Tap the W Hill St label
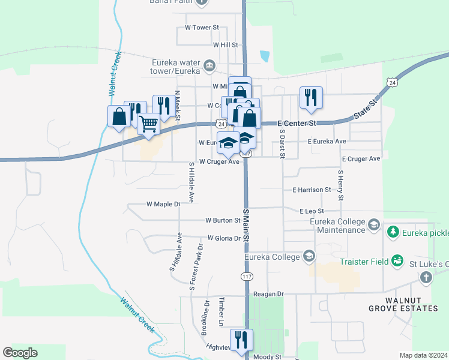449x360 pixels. (x=226, y=45)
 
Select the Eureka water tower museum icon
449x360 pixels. (x=208, y=65)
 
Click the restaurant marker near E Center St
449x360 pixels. (x=311, y=97)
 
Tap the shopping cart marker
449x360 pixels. (x=148, y=124)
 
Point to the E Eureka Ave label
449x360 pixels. (x=327, y=142)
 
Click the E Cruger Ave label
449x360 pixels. (x=361, y=159)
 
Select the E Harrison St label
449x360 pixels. (x=312, y=190)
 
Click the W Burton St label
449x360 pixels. (x=223, y=221)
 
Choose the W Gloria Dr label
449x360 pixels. (x=224, y=238)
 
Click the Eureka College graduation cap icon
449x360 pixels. (x=309, y=257)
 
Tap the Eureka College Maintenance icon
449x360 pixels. (x=373, y=225)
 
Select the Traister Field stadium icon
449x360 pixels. (x=397, y=261)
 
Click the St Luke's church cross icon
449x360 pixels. (x=426, y=277)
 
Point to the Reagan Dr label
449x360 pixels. (x=268, y=294)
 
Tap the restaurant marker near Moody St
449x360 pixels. (x=241, y=340)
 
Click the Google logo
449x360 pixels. (x=20, y=353)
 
